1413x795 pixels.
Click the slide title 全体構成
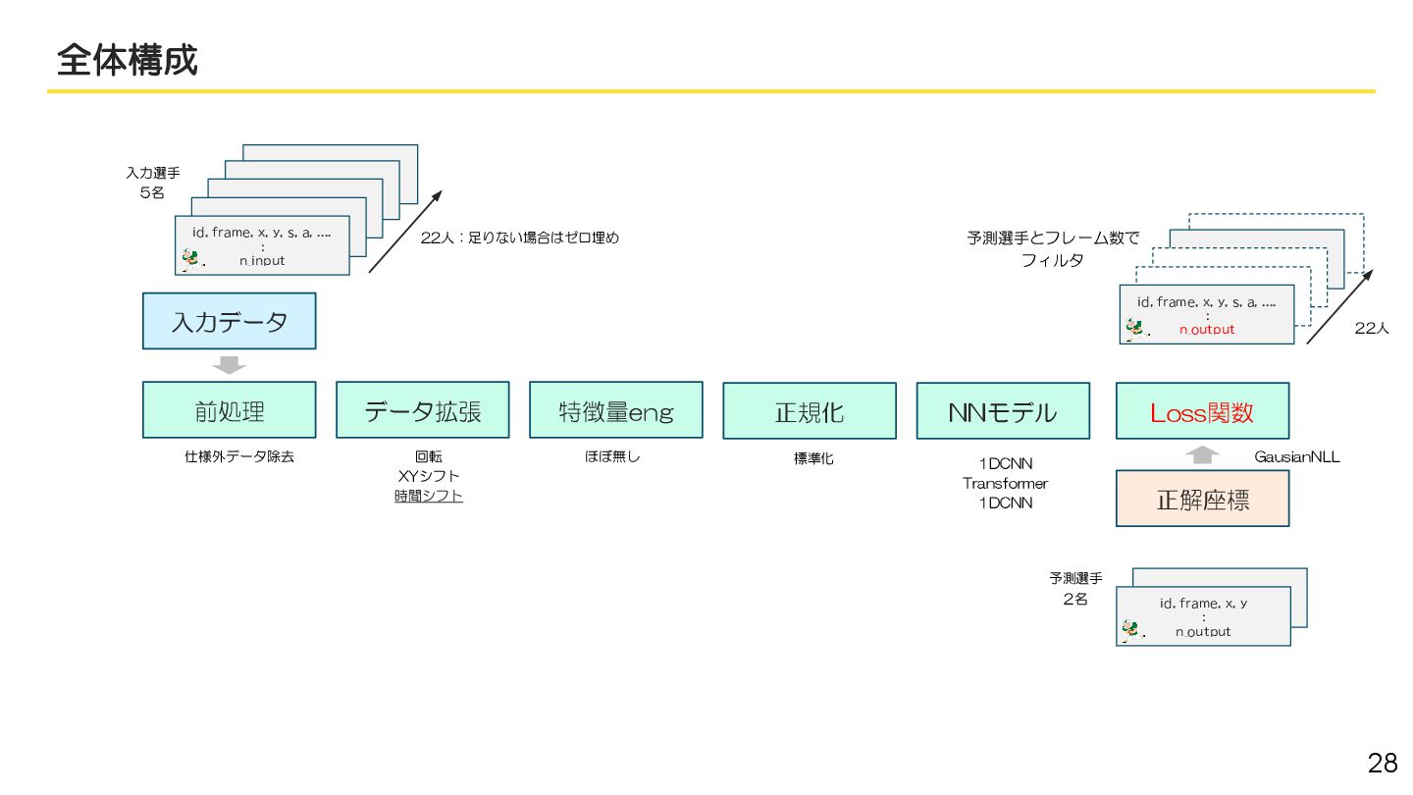click(x=128, y=61)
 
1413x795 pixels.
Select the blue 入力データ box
click(x=229, y=321)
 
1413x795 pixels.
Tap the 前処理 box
click(x=229, y=410)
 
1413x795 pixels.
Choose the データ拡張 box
click(x=422, y=410)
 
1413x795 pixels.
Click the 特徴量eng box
click(x=615, y=410)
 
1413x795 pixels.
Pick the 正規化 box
click(x=809, y=411)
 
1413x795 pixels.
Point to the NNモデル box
click(x=1002, y=411)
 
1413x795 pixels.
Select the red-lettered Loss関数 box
click(x=1202, y=411)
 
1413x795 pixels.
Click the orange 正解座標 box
click(x=1202, y=499)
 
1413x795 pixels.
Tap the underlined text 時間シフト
click(x=429, y=497)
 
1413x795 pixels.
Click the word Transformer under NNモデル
click(x=1005, y=484)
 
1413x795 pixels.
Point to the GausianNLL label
click(x=1296, y=457)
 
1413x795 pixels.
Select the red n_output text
click(x=1207, y=330)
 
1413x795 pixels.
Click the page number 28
click(x=1383, y=763)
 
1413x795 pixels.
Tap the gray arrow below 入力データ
click(x=229, y=365)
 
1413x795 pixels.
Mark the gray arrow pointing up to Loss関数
click(x=1203, y=454)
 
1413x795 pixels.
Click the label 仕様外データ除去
click(x=239, y=457)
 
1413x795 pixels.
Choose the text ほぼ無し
click(x=612, y=456)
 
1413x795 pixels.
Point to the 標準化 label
click(x=813, y=458)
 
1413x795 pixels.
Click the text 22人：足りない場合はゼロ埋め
click(x=520, y=238)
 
